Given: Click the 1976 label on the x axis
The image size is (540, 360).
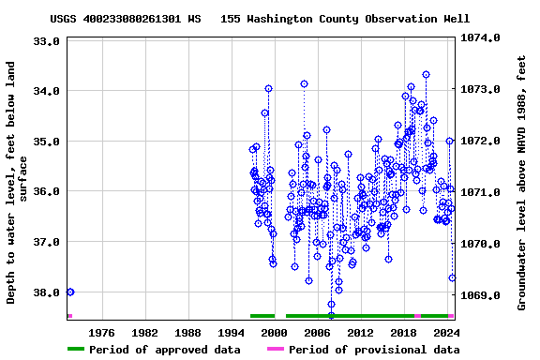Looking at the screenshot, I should click(x=101, y=333).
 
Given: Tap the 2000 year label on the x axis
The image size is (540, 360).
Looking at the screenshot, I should click(x=274, y=333).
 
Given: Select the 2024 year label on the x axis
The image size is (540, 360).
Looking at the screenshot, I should click(x=446, y=333).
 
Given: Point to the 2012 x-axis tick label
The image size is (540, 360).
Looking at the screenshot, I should click(x=360, y=333).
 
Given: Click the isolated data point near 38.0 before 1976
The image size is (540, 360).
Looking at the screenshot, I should click(x=70, y=292).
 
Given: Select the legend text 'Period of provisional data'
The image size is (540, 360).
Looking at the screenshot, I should click(x=373, y=350).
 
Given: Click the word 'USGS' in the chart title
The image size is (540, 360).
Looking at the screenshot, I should click(x=66, y=19).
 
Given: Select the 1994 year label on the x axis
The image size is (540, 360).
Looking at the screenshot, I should click(x=231, y=333).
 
